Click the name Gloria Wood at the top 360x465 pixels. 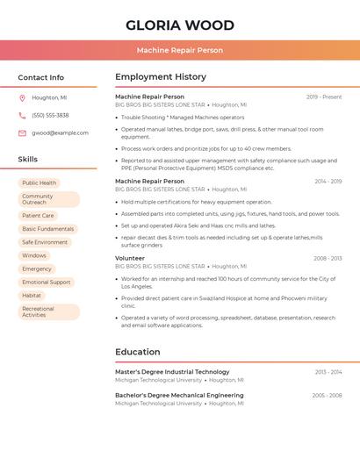(x=180, y=25)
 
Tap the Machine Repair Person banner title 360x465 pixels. (x=180, y=51)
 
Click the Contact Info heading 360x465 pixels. (x=41, y=77)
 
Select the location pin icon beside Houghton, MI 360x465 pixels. (x=22, y=98)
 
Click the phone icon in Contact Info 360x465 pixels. (x=22, y=116)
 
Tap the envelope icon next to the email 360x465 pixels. (x=22, y=133)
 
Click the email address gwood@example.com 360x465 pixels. (x=60, y=133)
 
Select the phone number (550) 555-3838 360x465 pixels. (x=50, y=116)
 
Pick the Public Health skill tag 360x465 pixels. (x=40, y=182)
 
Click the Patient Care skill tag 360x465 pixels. (x=38, y=215)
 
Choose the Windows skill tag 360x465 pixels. (x=34, y=255)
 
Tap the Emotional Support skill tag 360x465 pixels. (x=47, y=283)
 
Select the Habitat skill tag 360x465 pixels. (x=32, y=296)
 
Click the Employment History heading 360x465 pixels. (x=161, y=77)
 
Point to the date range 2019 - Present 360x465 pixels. (x=324, y=97)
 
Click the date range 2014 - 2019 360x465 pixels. (x=328, y=182)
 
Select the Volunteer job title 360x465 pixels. (x=130, y=258)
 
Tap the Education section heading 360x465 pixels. (x=138, y=352)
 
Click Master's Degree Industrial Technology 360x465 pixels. (x=172, y=372)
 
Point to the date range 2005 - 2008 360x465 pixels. (x=327, y=396)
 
